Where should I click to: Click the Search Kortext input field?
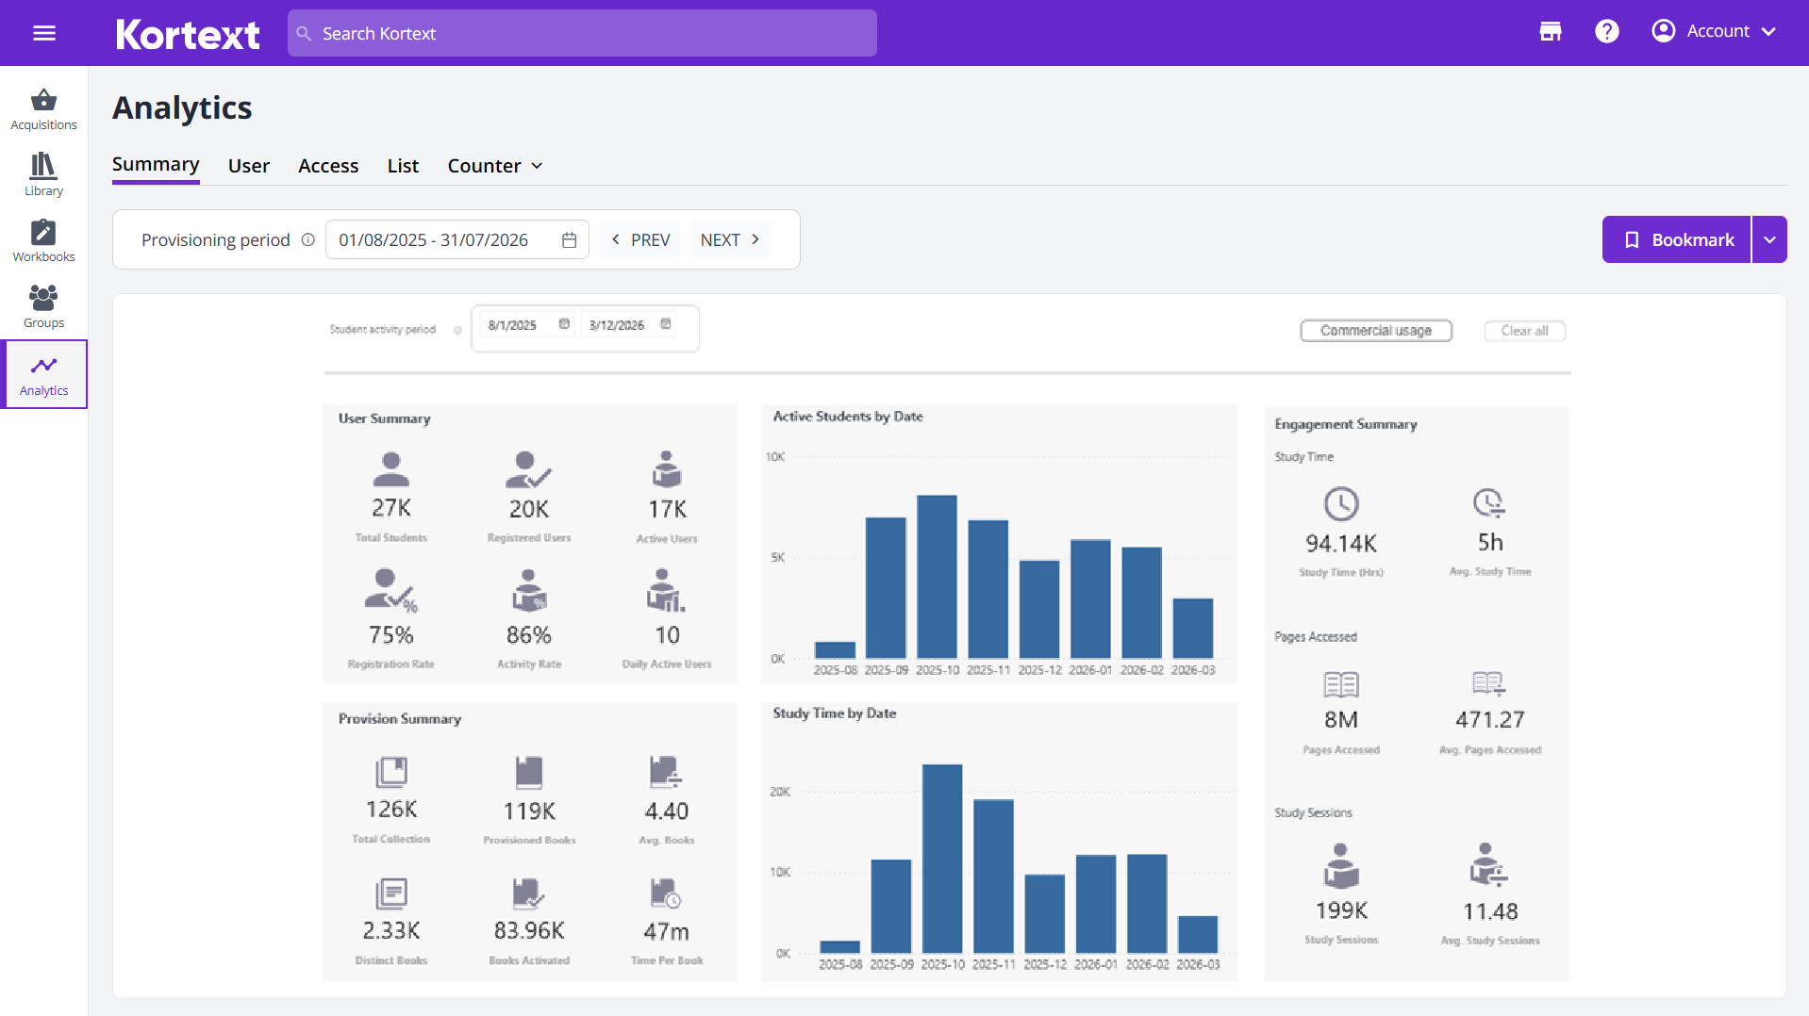[x=582, y=33]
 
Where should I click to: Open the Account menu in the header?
[x=1713, y=31]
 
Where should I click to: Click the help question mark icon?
[x=1606, y=31]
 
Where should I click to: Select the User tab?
[x=248, y=166]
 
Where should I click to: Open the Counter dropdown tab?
[x=494, y=166]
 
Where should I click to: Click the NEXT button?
[x=729, y=239]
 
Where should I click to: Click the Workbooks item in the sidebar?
[x=43, y=240]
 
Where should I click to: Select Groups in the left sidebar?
[x=43, y=306]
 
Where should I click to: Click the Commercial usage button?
[x=1375, y=331]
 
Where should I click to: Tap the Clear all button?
[x=1524, y=331]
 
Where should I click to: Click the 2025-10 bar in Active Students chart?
[x=937, y=576]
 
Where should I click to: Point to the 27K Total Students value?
[x=390, y=509]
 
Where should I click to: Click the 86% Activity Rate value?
[x=528, y=635]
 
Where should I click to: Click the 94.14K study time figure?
[x=1340, y=544]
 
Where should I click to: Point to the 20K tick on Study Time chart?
[x=780, y=792]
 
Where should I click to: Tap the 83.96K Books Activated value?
[x=528, y=931]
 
